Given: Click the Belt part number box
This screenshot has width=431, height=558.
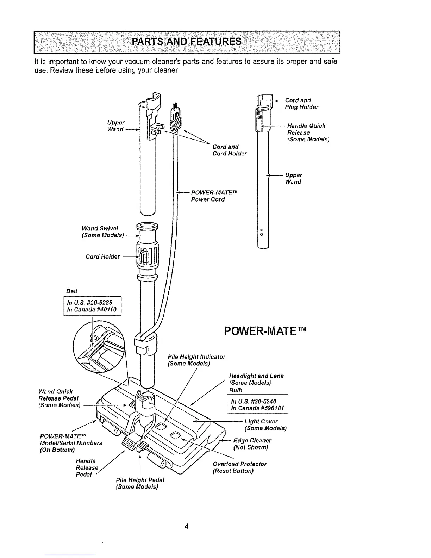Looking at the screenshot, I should (93, 306).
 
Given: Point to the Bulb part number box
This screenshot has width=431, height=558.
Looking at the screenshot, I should (258, 405).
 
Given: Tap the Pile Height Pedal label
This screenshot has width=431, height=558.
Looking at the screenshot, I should (140, 483).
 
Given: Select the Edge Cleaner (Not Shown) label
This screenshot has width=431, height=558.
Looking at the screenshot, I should (252, 444).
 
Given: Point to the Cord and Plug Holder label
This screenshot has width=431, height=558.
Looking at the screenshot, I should (301, 104).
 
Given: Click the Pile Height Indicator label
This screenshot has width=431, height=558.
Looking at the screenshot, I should (196, 360).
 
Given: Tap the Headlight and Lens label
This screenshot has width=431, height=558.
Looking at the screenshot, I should (256, 379).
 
